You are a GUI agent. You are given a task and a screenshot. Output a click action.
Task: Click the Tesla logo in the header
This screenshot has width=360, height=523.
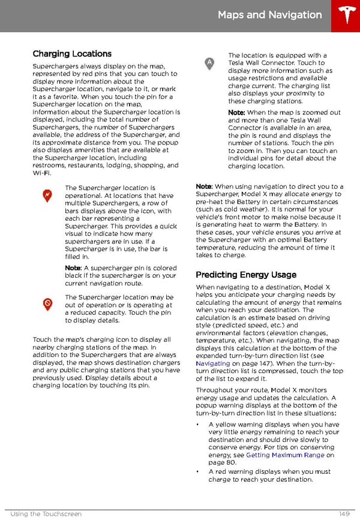[x=346, y=16]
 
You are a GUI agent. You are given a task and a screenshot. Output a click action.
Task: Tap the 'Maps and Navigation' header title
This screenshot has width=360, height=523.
[x=269, y=15]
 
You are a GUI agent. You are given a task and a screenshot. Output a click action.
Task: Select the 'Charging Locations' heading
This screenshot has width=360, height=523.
[x=72, y=54]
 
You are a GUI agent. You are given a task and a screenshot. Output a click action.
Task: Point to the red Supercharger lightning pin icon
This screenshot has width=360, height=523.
[x=47, y=196]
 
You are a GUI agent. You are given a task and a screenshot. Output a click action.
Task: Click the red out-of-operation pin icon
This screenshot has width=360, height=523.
[x=47, y=305]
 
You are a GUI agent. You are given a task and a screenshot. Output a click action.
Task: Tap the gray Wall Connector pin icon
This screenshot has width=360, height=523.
[x=209, y=63]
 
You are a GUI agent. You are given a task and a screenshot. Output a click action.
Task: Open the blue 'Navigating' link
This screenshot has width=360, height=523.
[x=213, y=363]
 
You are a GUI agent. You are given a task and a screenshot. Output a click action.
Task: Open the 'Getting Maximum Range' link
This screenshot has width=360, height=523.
[x=285, y=455]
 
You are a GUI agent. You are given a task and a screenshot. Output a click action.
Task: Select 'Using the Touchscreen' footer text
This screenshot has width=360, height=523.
[x=46, y=514]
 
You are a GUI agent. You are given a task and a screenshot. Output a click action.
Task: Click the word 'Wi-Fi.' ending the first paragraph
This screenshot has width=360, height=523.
[x=42, y=173]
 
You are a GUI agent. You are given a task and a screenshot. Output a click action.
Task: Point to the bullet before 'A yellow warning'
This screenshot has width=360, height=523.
[x=198, y=425]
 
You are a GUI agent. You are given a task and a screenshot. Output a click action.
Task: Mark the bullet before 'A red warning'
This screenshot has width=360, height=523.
[x=198, y=471]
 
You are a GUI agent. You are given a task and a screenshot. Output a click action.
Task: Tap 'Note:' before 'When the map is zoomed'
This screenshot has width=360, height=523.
[x=236, y=113]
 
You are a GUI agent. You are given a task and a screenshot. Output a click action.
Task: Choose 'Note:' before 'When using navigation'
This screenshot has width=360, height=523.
[x=204, y=187]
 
